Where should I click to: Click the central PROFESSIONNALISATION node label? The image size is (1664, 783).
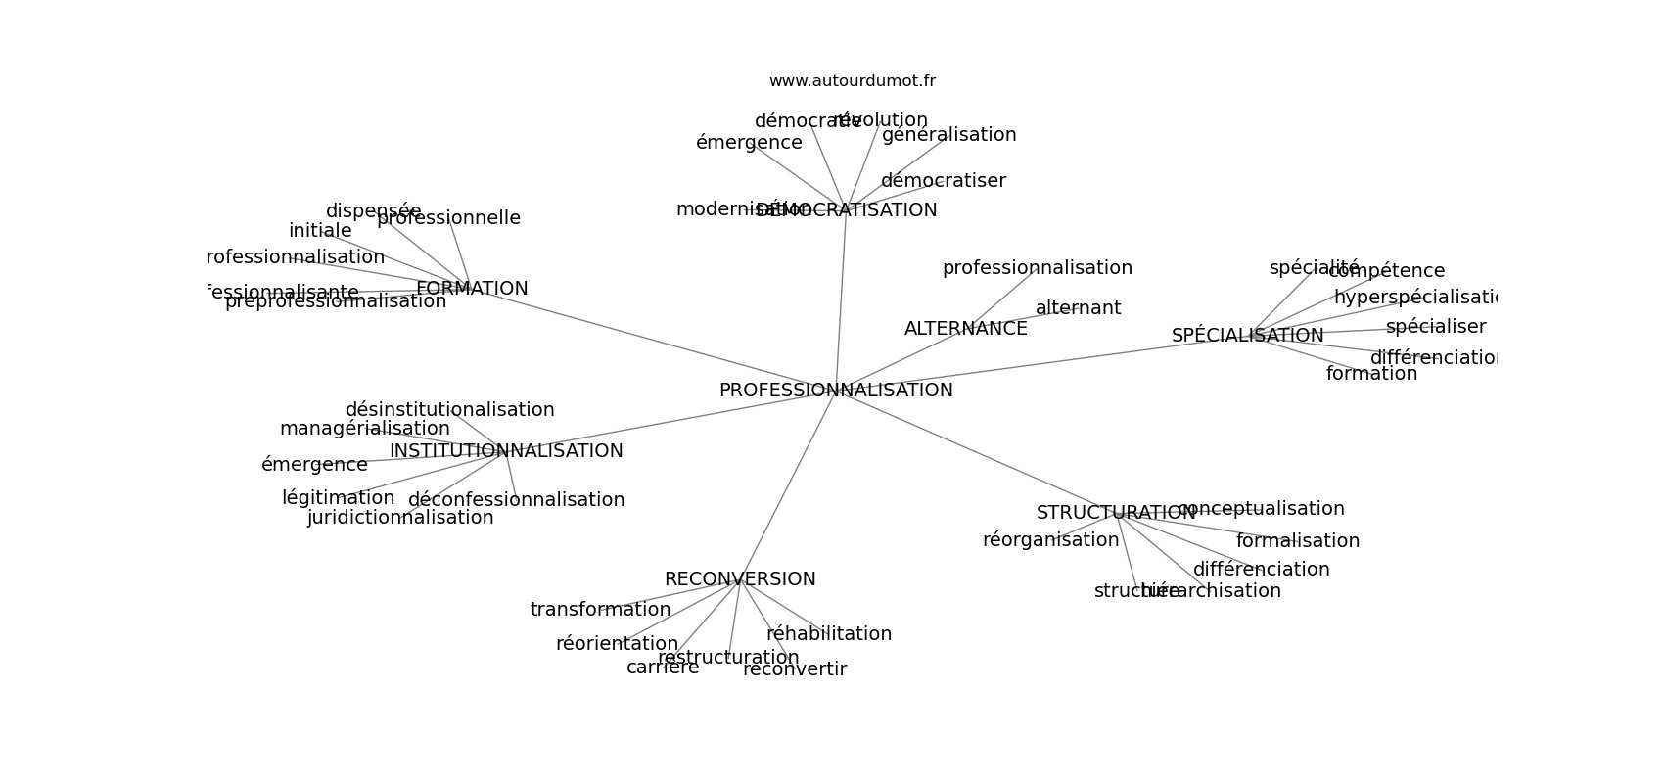click(836, 391)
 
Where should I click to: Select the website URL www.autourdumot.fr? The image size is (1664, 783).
click(852, 81)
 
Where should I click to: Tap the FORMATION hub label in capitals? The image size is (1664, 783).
click(472, 289)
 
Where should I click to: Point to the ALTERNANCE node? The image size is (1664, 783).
click(965, 329)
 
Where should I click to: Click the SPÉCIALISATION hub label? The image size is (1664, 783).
click(1247, 336)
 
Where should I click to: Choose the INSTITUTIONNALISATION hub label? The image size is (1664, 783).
click(506, 451)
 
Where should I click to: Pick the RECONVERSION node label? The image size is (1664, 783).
click(740, 579)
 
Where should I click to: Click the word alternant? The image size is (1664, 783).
click(1078, 308)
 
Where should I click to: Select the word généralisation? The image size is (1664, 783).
click(948, 135)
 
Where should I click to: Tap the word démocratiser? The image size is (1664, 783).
click(943, 181)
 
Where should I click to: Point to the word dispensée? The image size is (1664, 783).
click(373, 211)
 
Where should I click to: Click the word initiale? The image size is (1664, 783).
click(320, 231)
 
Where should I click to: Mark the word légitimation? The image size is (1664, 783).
click(338, 498)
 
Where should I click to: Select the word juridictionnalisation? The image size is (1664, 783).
click(400, 518)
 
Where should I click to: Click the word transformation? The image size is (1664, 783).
click(600, 610)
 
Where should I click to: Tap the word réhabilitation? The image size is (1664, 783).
click(829, 634)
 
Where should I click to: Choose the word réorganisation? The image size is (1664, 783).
click(1050, 540)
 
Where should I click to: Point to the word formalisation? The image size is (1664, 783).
click(1297, 541)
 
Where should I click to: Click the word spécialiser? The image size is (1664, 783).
click(1435, 327)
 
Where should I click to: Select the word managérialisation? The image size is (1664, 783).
click(364, 429)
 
